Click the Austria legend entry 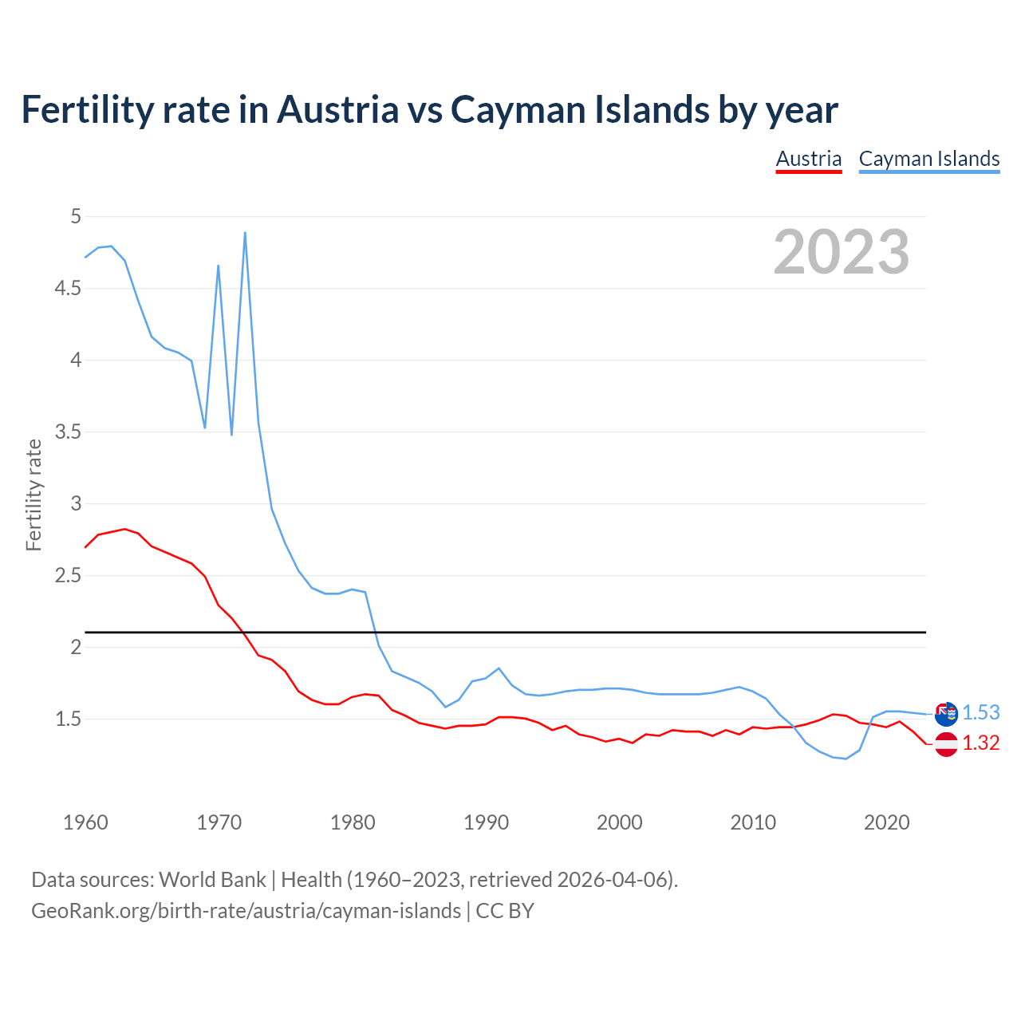coord(809,159)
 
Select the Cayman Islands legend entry coord(929,159)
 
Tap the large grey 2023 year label coord(842,252)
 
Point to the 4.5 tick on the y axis coord(68,288)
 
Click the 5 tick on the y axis coord(76,216)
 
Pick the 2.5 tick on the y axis coord(68,575)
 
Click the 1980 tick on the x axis coord(353,822)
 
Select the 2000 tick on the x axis coord(620,822)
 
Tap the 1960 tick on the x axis coord(85,822)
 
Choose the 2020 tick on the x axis coord(886,822)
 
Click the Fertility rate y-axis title coord(34,495)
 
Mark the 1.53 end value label coord(980,712)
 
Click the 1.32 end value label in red coord(980,743)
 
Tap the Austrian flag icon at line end coord(946,744)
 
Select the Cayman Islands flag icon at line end coord(946,713)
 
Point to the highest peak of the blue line coord(245,233)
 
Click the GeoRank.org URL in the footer coord(246,911)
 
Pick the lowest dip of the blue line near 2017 coord(846,759)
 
